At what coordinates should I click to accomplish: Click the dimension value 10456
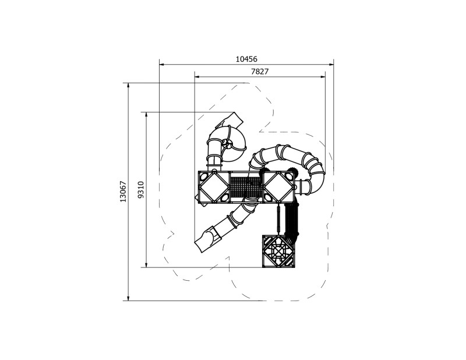coord(246,59)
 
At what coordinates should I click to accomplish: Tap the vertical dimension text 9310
coord(140,190)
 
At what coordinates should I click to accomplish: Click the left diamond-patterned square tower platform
coord(214,187)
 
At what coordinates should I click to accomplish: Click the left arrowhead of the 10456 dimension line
coord(161,64)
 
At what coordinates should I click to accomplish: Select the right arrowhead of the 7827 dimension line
coord(324,76)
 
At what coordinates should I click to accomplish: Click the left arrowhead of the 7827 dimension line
coord(196,76)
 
